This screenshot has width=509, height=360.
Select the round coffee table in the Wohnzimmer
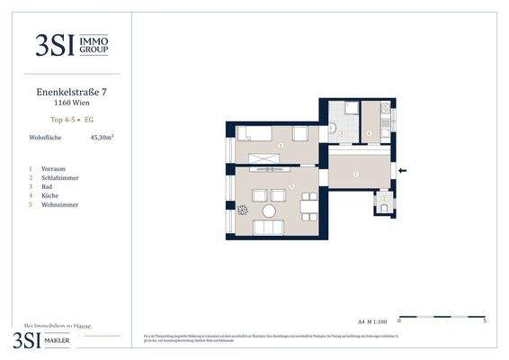coord(268,212)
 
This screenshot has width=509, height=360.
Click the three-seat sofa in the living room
coord(270,228)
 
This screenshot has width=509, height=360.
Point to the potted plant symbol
coord(242,211)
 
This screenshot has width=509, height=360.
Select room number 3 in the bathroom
coord(342,132)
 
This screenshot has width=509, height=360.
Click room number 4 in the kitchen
coord(370,133)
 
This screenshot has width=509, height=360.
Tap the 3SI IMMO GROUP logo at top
coord(72,45)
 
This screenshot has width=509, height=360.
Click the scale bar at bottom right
coord(441,317)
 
